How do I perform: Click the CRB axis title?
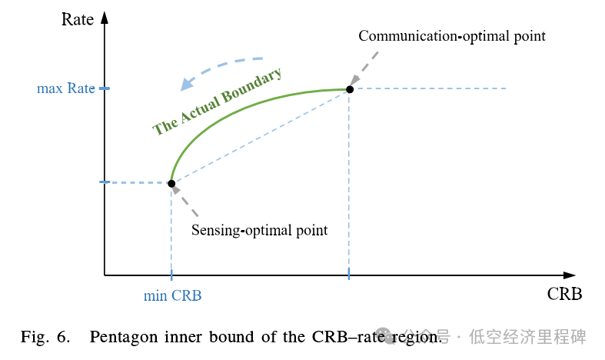(x=564, y=295)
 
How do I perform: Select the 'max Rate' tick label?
(x=65, y=88)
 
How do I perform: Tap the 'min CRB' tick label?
(x=173, y=295)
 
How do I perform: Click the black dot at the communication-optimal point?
(x=350, y=89)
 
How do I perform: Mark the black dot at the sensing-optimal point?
(x=171, y=184)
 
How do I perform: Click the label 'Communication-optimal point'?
(x=452, y=36)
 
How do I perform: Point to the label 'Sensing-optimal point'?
(x=259, y=230)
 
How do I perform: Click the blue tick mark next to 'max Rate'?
(x=105, y=89)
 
